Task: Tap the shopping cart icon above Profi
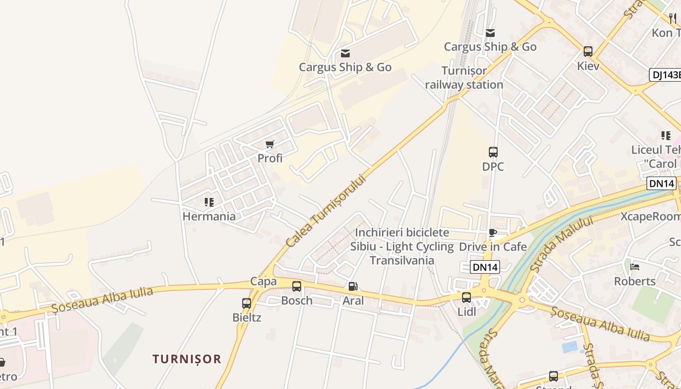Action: point(270,144)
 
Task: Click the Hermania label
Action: point(209,216)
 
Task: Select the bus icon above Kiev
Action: point(588,51)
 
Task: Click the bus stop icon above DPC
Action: point(493,152)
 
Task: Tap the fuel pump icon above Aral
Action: point(353,287)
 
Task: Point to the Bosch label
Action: point(297,301)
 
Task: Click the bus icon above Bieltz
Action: point(247,303)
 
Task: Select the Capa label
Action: point(263,282)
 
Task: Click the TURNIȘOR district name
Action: point(187,359)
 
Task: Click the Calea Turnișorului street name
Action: point(325,211)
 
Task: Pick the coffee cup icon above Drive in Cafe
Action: point(493,233)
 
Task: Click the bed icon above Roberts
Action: point(635,266)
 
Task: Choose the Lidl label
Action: point(467,312)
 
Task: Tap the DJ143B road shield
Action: point(665,74)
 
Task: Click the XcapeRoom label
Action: point(650,216)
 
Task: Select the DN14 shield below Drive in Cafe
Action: point(485,266)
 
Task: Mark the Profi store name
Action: point(270,158)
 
